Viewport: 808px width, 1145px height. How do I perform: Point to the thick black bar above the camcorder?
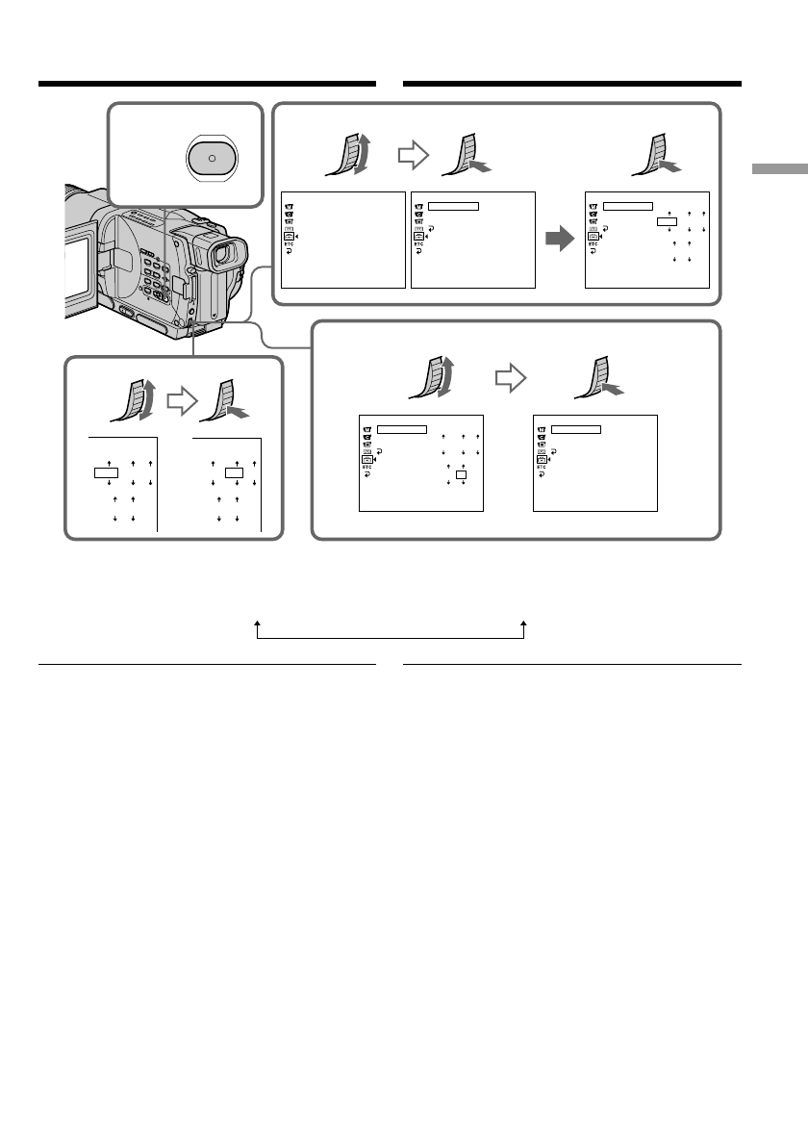point(206,84)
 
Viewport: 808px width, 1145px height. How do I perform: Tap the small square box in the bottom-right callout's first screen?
point(461,474)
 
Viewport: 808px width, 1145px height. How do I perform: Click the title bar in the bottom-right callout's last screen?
point(575,428)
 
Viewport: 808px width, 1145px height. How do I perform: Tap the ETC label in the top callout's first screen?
point(288,244)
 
